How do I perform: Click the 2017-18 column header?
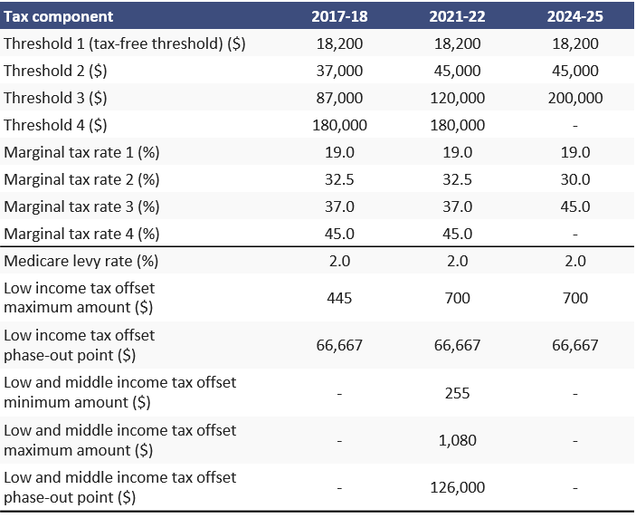point(339,16)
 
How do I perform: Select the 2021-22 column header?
point(459,16)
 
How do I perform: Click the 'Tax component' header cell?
point(60,16)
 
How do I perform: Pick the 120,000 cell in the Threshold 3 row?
point(459,98)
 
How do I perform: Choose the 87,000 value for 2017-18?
point(339,98)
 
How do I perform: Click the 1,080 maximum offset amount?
point(459,440)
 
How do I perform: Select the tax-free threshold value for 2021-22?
point(459,43)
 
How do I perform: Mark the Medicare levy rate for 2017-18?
point(339,261)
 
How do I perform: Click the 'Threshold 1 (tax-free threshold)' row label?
point(125,43)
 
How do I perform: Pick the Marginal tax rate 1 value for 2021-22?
point(459,152)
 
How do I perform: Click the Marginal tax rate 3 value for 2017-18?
point(339,206)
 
